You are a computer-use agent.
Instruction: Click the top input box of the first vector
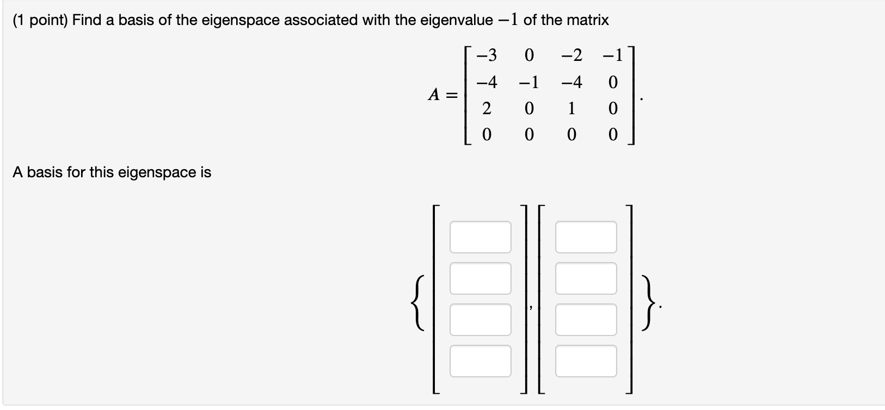(480, 237)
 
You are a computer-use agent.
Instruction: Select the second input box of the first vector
(480, 278)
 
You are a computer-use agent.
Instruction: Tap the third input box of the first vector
(480, 320)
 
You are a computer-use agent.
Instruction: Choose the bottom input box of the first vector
(480, 361)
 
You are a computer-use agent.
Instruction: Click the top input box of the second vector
(586, 237)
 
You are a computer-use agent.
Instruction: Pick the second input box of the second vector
(586, 278)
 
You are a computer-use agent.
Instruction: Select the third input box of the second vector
(586, 320)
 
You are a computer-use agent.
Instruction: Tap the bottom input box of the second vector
(586, 361)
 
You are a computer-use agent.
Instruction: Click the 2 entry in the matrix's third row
(487, 109)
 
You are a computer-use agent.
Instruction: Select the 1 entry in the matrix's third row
(571, 109)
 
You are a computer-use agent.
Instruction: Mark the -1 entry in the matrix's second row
(528, 83)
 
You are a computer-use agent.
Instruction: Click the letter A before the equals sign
(434, 95)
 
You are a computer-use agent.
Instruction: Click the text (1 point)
(39, 21)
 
